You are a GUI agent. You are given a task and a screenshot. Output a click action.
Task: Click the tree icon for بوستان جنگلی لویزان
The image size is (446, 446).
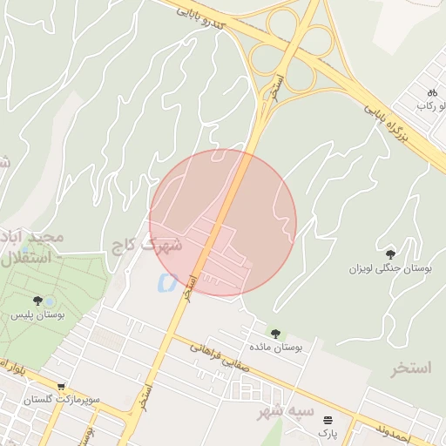point(389,253)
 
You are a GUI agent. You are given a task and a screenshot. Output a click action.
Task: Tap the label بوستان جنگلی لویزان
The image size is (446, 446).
point(391,269)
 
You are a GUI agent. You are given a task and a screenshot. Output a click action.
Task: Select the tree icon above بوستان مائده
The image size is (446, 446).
point(275,333)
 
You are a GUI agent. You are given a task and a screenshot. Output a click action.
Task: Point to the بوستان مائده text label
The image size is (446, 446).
point(275,348)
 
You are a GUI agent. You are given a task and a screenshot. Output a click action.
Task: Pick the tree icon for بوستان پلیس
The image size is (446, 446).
point(37,301)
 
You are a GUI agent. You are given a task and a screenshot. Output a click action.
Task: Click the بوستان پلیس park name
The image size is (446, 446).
point(38,314)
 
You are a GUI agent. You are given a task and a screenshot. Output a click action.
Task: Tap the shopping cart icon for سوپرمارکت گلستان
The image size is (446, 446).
point(61,386)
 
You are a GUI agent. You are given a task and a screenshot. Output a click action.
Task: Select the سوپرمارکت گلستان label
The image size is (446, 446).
point(61,400)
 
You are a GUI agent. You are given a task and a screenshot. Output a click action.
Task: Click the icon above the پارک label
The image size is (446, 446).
point(328,419)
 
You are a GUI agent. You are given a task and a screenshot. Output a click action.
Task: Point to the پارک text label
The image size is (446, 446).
point(327,433)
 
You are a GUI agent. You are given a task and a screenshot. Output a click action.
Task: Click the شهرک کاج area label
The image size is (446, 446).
point(146,245)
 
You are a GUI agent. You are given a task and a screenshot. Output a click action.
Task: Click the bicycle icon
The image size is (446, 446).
point(430,92)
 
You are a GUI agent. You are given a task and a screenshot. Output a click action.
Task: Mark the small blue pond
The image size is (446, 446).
point(163,282)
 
